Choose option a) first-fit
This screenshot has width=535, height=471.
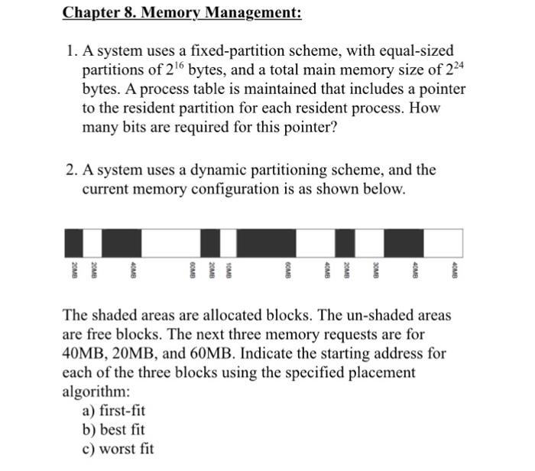coord(113,410)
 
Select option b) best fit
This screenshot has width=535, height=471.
coord(113,430)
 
